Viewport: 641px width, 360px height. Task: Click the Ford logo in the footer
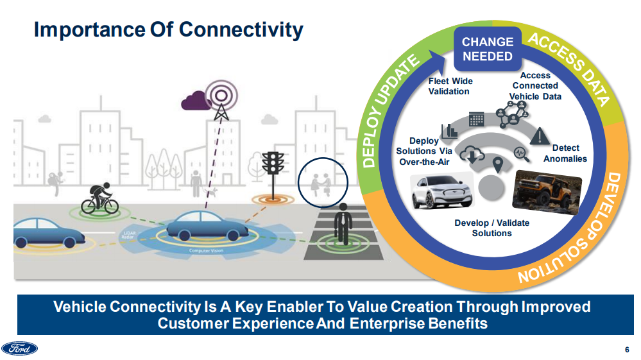click(20, 348)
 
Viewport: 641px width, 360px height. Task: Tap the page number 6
click(626, 349)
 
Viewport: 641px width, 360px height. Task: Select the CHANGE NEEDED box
click(488, 49)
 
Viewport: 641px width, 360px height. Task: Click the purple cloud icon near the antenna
click(196, 100)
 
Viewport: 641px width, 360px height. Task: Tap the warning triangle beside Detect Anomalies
click(542, 136)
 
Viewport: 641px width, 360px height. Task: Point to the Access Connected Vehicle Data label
click(535, 86)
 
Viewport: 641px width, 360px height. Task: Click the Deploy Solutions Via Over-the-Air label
click(425, 151)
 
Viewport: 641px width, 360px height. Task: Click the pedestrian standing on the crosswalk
click(344, 225)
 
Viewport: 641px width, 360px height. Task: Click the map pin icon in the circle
click(497, 164)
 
